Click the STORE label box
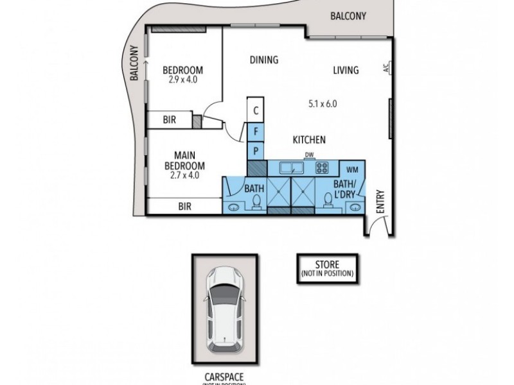[x=326, y=268]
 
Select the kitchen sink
[x=294, y=168]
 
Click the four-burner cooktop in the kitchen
[x=323, y=168]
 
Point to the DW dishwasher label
[x=309, y=155]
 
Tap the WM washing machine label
[x=351, y=169]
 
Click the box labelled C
[x=256, y=110]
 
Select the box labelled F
[x=256, y=132]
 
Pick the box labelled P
[x=256, y=151]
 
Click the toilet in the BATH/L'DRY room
[x=328, y=202]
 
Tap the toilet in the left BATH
[x=256, y=203]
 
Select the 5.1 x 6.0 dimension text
[x=323, y=103]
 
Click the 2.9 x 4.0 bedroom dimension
[x=182, y=80]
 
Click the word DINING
[x=263, y=60]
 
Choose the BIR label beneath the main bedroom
[x=185, y=207]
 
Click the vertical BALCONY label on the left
[x=135, y=63]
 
